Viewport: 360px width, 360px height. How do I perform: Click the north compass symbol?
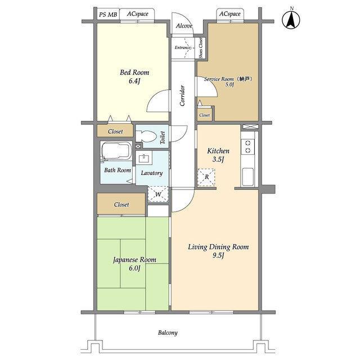(291, 20)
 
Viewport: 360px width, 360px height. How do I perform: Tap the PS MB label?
(108, 15)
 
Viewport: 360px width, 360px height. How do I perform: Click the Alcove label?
(184, 26)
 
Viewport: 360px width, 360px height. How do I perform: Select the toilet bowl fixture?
(146, 136)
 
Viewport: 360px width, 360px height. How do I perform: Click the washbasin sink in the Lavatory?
(144, 157)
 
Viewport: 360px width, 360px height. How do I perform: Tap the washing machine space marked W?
(158, 195)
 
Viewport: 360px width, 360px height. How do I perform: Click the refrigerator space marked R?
(206, 177)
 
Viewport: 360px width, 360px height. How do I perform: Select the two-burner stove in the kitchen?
(247, 146)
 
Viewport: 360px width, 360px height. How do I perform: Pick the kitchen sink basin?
(247, 177)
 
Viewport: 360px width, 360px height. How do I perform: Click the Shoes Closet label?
(201, 48)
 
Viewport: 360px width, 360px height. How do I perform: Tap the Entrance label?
(183, 47)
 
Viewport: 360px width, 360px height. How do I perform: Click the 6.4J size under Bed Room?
(134, 81)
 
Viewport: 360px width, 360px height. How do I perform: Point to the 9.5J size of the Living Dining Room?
(218, 255)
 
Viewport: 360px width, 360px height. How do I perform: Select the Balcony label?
(168, 332)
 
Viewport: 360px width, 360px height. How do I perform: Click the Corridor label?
(182, 96)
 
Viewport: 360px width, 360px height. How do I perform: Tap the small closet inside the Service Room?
(205, 115)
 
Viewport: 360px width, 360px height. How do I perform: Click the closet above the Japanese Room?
(121, 204)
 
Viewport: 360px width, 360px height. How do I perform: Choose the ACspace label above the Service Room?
(230, 13)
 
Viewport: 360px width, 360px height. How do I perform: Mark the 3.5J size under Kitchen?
(218, 159)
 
